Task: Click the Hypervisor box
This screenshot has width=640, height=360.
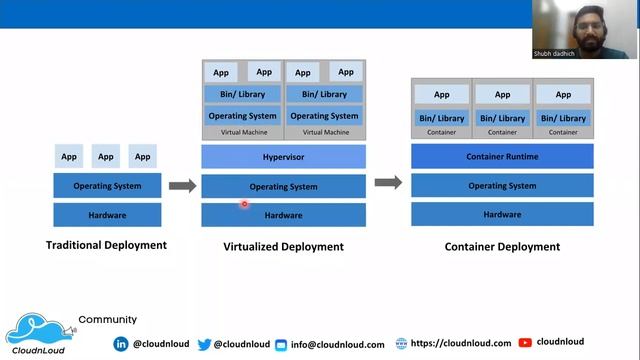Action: coord(283,157)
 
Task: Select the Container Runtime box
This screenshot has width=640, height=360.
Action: coord(502,156)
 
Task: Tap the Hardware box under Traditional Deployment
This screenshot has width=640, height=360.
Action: coord(106,214)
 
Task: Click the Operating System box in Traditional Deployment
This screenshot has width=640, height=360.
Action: coord(106,186)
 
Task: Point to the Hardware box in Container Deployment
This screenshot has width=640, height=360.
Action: coord(502,214)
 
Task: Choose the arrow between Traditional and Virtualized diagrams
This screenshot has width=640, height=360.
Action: coord(182,185)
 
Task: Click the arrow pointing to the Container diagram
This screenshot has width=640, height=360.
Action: coord(388,182)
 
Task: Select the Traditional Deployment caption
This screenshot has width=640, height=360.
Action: coord(106,245)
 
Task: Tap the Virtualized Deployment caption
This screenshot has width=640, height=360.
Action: coord(283,247)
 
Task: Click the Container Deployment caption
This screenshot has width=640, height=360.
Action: coord(502,245)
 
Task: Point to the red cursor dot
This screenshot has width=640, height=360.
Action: coord(244,204)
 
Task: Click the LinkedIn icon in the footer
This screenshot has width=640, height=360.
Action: coord(121,344)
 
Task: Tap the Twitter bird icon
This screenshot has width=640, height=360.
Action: coord(204,344)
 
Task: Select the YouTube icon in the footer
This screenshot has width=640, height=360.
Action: coord(525,343)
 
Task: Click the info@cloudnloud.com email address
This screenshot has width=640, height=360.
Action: coord(337,345)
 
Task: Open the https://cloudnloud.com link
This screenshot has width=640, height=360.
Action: coord(460,343)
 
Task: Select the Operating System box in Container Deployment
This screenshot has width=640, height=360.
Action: coord(502,186)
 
